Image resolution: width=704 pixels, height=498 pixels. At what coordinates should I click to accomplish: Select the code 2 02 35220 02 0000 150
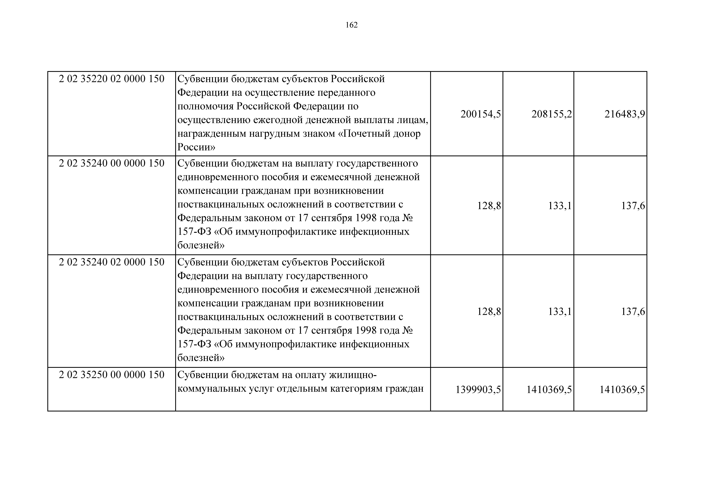(112, 79)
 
